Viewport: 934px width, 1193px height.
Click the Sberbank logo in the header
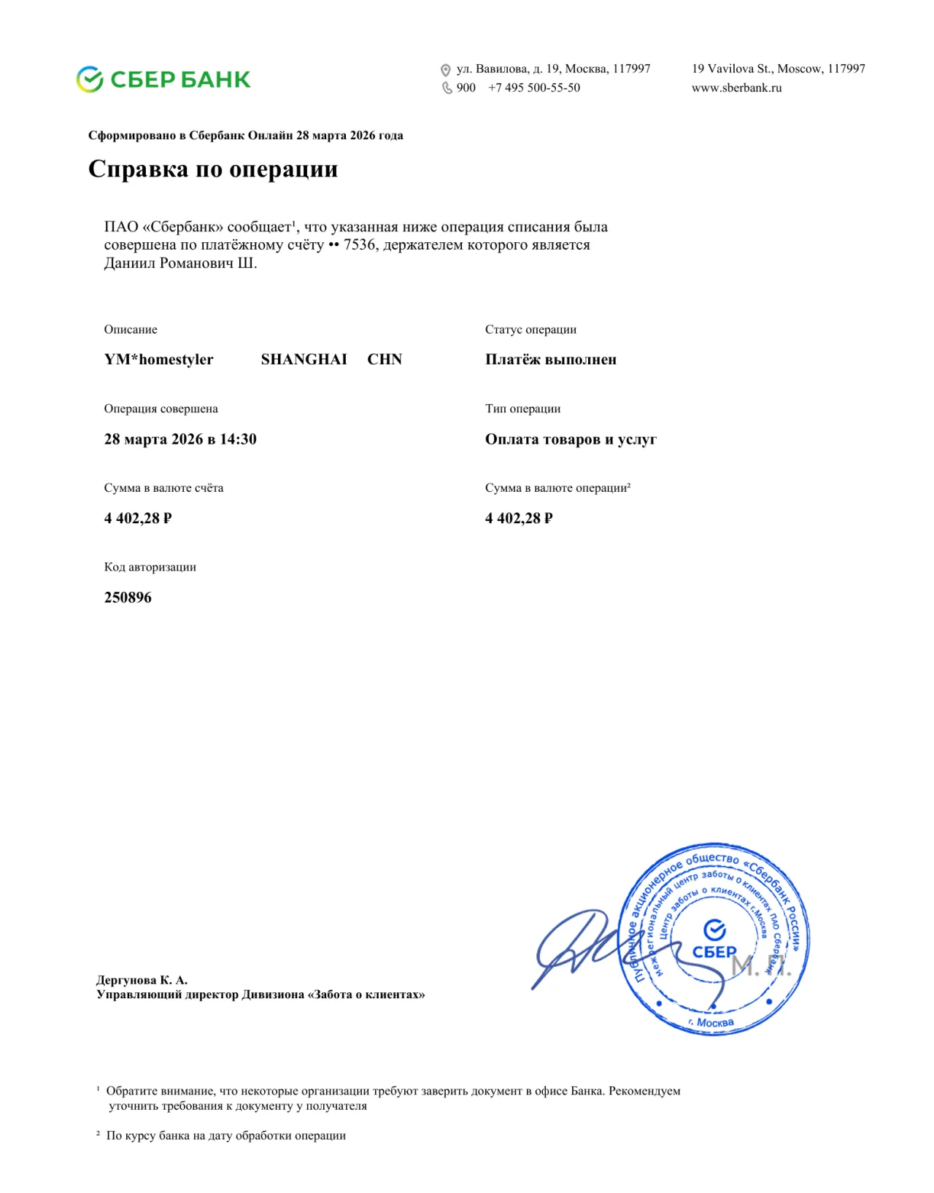click(163, 79)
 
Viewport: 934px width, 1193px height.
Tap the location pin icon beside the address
click(445, 70)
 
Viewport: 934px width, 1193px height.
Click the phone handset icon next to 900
click(447, 88)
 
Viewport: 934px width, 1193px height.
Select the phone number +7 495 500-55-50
click(534, 88)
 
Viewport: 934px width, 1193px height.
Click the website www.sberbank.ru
click(736, 88)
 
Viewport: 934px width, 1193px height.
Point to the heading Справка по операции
click(213, 169)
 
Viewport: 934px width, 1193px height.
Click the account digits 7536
click(360, 244)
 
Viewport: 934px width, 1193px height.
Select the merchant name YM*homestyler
click(158, 359)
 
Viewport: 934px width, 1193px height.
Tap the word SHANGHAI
click(304, 359)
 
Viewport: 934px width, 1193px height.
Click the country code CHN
click(385, 359)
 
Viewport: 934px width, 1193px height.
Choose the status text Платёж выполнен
click(551, 359)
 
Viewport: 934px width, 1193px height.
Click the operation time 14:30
click(238, 439)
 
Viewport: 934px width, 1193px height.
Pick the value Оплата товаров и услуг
click(571, 439)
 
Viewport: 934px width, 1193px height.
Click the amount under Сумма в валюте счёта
click(138, 518)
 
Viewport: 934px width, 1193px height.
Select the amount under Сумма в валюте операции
click(519, 518)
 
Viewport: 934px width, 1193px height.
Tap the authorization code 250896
click(128, 597)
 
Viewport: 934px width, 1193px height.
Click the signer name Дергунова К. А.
click(142, 980)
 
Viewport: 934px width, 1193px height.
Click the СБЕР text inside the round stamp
click(714, 952)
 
